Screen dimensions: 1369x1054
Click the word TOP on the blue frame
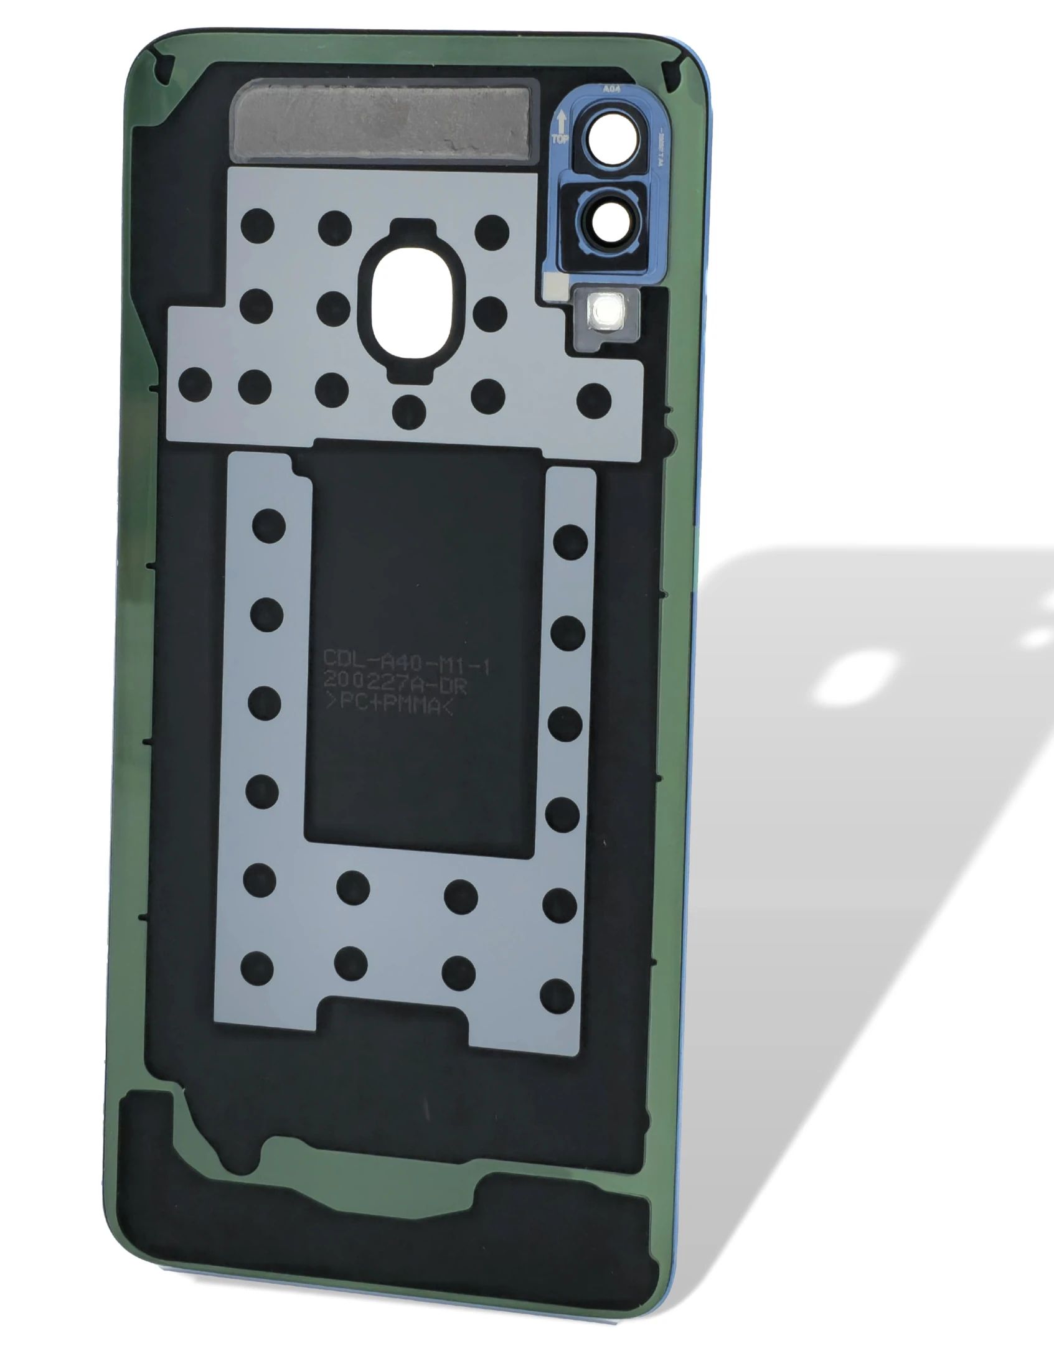click(x=559, y=138)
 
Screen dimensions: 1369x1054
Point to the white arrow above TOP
click(x=560, y=119)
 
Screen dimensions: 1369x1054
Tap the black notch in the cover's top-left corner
click(x=164, y=65)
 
